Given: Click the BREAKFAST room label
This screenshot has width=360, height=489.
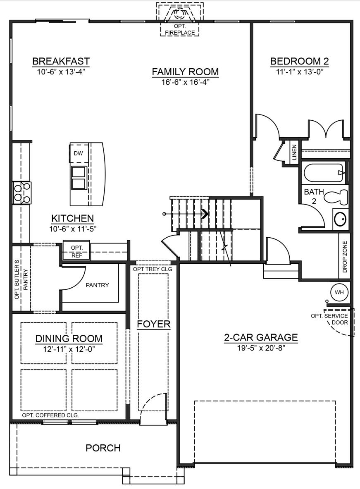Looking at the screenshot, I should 61,62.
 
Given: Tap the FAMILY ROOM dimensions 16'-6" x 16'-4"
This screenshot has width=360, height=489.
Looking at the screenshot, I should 185,82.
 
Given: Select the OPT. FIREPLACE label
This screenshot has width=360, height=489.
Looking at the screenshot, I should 179,30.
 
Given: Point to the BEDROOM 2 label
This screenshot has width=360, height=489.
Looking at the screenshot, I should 299,62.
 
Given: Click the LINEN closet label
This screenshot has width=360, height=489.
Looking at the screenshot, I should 294,152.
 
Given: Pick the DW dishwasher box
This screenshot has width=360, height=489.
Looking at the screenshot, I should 78,153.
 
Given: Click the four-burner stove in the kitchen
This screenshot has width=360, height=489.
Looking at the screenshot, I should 22,193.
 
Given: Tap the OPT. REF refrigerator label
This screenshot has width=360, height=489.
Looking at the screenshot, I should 77,251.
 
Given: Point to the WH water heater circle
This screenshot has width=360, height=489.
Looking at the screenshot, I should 339,293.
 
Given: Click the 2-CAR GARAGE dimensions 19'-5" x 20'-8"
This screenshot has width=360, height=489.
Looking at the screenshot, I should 261,348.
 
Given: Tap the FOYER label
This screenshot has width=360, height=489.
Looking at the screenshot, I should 154,324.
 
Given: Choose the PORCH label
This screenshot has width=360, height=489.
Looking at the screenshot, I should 103,448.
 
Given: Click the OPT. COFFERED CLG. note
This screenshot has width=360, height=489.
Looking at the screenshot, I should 50,415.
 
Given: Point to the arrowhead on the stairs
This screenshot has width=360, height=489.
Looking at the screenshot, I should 205,214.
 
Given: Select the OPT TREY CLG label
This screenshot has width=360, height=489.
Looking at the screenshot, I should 153,269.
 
